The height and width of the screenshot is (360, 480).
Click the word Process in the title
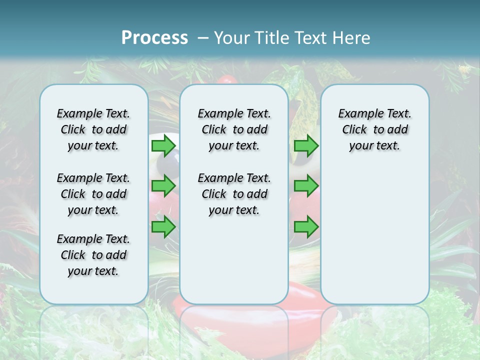(154, 38)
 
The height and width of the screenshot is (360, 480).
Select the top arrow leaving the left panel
(163, 146)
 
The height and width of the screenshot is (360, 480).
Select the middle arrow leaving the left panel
(163, 186)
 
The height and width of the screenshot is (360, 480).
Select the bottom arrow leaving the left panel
(163, 226)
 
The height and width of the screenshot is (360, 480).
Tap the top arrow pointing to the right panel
(306, 146)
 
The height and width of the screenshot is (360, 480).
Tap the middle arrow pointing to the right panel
(306, 186)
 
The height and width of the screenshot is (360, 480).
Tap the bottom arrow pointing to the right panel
(306, 227)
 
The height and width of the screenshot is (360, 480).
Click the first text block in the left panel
(93, 129)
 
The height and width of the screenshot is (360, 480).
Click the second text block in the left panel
(93, 194)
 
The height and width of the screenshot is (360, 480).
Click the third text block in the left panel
(93, 255)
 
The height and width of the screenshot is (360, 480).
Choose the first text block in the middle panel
(234, 129)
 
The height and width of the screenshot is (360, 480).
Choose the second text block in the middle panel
(234, 194)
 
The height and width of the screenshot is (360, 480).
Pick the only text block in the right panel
(374, 129)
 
